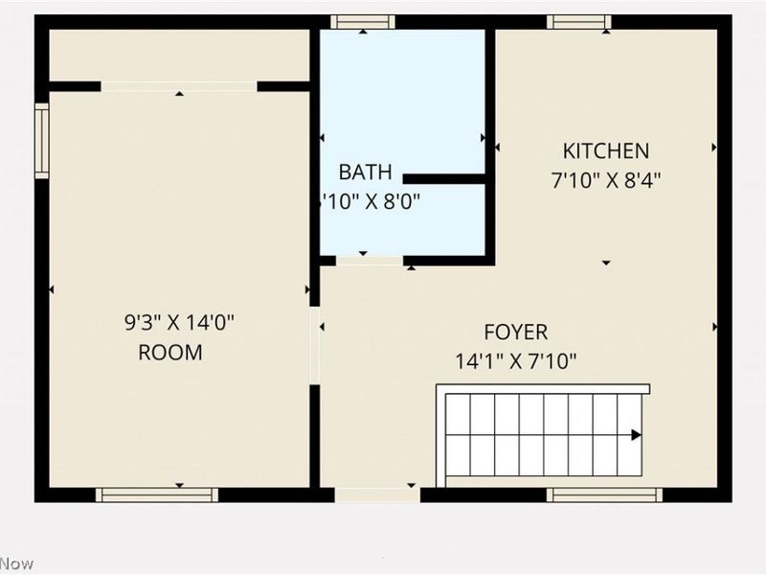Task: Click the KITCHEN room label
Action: pos(605,150)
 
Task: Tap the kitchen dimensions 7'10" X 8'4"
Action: pos(605,179)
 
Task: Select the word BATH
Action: pos(365,172)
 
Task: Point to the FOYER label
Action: pos(515,333)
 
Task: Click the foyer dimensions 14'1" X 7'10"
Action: pos(515,361)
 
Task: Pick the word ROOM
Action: pos(170,353)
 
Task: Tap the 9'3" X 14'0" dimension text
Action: pos(179,323)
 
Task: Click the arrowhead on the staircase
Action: pos(636,434)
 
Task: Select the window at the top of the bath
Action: pos(363,22)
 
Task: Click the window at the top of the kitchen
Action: pos(579,22)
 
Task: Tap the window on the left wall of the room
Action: pos(41,141)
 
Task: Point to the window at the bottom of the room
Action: pos(157,494)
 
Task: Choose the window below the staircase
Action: pos(604,494)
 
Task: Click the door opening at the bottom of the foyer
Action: pos(377,494)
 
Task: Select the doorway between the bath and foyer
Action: pos(369,260)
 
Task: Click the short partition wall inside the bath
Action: pos(444,178)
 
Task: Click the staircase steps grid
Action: pos(541,434)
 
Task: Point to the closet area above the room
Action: pos(178,56)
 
